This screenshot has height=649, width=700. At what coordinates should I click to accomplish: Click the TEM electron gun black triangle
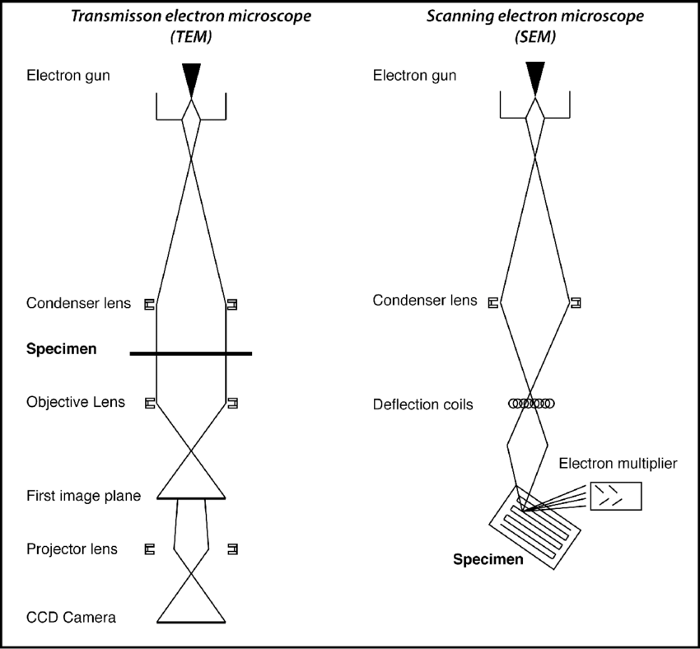click(x=192, y=77)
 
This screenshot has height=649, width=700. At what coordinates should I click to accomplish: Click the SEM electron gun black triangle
click(x=536, y=77)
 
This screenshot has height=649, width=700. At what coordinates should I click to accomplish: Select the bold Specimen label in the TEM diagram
click(x=61, y=349)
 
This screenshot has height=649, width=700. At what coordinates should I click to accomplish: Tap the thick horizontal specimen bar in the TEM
click(x=191, y=353)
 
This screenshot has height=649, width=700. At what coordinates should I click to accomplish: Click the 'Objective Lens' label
click(x=76, y=403)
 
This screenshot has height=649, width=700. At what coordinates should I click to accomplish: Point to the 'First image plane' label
click(x=83, y=496)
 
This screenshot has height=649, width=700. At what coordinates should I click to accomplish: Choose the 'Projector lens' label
click(x=72, y=549)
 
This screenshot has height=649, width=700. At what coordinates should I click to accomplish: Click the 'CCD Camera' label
click(x=71, y=616)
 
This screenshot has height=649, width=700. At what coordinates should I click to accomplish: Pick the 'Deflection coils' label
click(x=422, y=404)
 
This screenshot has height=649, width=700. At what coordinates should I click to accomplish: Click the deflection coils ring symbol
click(x=532, y=404)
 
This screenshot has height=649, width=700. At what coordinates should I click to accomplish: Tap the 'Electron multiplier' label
click(x=618, y=464)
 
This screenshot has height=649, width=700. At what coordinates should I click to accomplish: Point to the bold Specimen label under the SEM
click(x=488, y=561)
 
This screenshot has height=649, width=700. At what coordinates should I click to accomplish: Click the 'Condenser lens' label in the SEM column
click(x=425, y=301)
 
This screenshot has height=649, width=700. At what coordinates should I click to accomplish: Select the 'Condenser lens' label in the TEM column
click(x=78, y=303)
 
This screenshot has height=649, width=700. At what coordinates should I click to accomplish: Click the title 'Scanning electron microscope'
click(x=535, y=16)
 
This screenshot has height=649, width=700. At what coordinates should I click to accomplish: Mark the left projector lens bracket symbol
click(x=150, y=549)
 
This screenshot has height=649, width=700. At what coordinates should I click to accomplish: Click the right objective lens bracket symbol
click(x=233, y=403)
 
